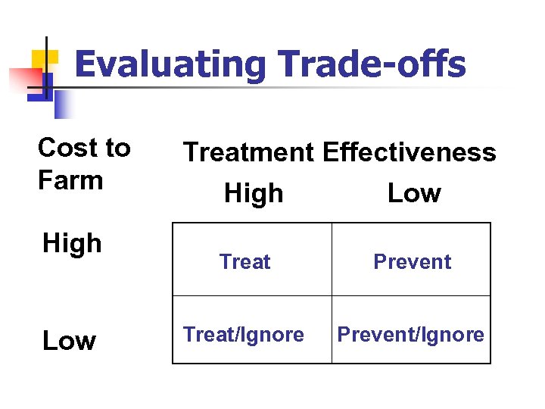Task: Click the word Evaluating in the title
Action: (x=170, y=65)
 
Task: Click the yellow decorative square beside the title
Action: (x=44, y=60)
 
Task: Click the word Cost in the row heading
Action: (x=63, y=148)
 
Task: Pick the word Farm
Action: (x=70, y=181)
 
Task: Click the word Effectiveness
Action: (x=410, y=152)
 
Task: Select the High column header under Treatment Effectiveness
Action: (x=254, y=194)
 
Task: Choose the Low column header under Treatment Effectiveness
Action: (x=413, y=194)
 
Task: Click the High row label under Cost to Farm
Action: (x=72, y=244)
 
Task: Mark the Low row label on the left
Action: (x=69, y=342)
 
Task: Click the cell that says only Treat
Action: (x=244, y=262)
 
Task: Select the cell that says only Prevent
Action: (x=412, y=262)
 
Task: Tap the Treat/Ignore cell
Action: (x=244, y=335)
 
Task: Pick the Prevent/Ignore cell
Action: (x=411, y=335)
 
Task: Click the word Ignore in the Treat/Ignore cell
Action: (x=273, y=335)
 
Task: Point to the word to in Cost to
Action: (x=117, y=148)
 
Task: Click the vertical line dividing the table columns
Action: (x=332, y=293)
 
